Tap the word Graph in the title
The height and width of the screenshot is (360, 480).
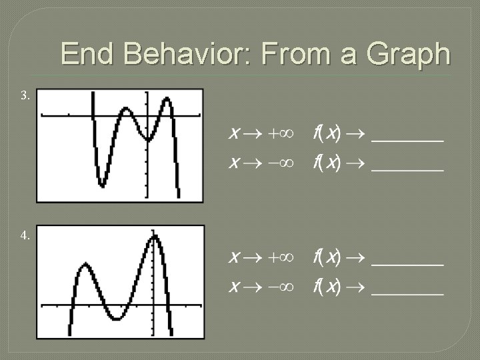click(410, 54)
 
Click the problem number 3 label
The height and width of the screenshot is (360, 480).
click(25, 96)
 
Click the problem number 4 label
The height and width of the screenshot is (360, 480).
click(25, 235)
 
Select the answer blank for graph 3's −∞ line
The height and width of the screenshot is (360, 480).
click(407, 167)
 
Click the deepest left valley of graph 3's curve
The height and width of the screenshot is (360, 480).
click(101, 183)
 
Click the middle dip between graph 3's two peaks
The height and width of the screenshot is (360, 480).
click(147, 139)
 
